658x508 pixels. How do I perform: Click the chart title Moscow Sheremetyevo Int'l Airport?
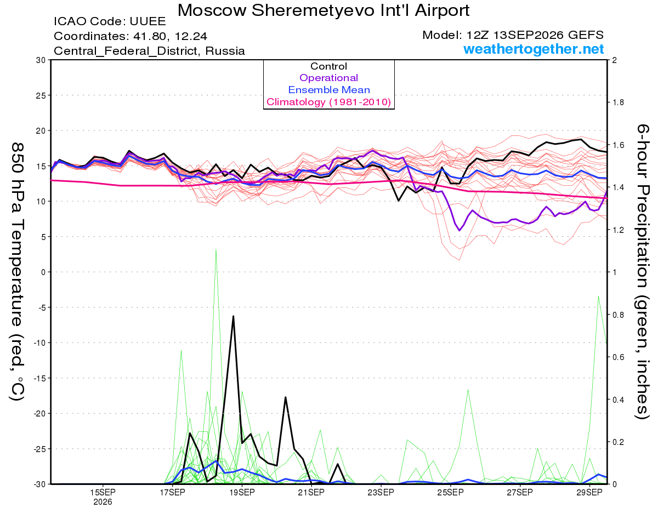click(323, 10)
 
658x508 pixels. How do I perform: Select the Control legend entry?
click(328, 66)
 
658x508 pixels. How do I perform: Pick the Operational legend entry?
click(328, 78)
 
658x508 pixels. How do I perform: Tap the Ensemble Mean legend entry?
click(329, 90)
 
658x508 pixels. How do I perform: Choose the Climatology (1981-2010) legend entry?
click(329, 102)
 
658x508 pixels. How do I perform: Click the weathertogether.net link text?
click(534, 49)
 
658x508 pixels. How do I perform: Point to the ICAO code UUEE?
click(148, 21)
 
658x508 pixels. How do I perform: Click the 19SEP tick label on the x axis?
click(242, 493)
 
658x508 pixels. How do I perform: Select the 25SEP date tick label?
click(451, 493)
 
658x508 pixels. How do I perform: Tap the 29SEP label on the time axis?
click(589, 493)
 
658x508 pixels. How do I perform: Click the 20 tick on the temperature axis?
click(41, 131)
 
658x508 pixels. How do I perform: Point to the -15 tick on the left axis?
click(39, 379)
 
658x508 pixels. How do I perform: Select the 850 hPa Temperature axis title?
click(18, 272)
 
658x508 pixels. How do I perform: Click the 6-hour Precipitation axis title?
click(642, 271)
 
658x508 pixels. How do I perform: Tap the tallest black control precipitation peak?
click(233, 316)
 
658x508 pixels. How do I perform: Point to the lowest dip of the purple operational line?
click(460, 231)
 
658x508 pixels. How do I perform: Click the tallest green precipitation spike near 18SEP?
click(215, 249)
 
